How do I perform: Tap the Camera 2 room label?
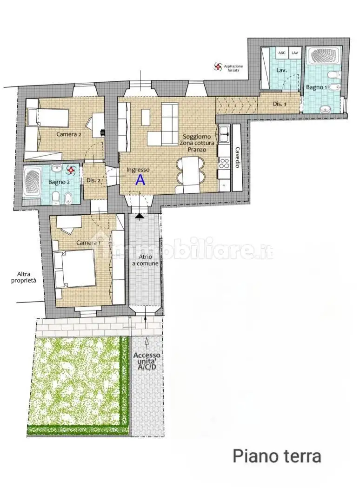[69, 134]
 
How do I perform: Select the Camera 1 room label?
[88, 243]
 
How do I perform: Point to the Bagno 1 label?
[316, 87]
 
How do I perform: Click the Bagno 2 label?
[59, 182]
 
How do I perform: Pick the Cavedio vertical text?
[237, 158]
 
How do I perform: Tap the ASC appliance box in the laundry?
[282, 53]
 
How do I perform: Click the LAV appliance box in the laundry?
[294, 53]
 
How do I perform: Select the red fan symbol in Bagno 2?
[71, 170]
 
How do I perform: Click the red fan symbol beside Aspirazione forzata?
[218, 66]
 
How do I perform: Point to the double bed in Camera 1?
[75, 269]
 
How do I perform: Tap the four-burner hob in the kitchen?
[224, 163]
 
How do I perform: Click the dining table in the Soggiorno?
[190, 170]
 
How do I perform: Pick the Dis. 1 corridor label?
[280, 104]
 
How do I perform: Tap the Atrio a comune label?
[146, 260]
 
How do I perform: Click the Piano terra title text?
[277, 456]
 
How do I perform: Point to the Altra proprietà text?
[24, 277]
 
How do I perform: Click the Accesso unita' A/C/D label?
[147, 361]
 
